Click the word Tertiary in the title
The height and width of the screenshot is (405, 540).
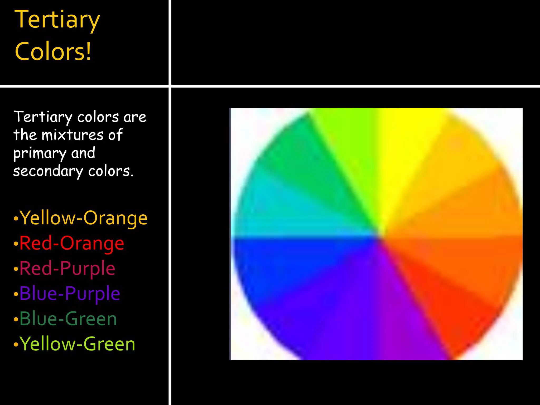pyautogui.click(x=57, y=20)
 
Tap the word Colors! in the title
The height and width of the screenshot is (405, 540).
pyautogui.click(x=53, y=51)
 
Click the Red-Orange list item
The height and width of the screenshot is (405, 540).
pyautogui.click(x=71, y=243)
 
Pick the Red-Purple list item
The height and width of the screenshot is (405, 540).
pyautogui.click(x=67, y=268)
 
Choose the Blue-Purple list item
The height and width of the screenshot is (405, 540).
pyautogui.click(x=70, y=293)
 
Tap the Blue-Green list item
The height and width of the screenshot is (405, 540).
pyautogui.click(x=68, y=319)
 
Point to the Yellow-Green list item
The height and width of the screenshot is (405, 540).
pyautogui.click(x=77, y=344)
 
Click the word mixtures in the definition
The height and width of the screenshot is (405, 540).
pyautogui.click(x=73, y=135)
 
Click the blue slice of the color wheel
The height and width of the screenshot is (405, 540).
pyautogui.click(x=285, y=264)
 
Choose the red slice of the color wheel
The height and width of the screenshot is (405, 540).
pyautogui.click(x=448, y=303)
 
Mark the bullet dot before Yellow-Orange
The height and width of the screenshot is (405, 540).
pyautogui.click(x=16, y=219)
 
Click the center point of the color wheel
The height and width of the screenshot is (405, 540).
pyautogui.click(x=379, y=235)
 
